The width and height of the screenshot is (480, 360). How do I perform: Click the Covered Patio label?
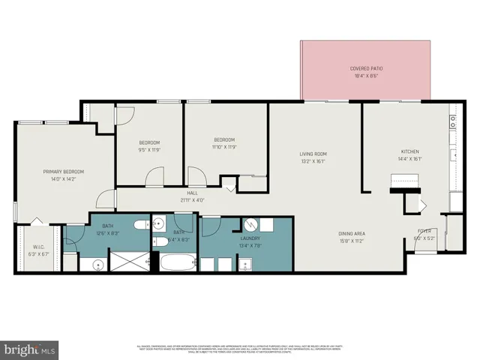point(365,68)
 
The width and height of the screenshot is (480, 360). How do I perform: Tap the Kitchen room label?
point(409,151)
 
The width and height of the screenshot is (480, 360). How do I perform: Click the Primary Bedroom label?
point(63,172)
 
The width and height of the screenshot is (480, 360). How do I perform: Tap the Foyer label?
point(424,231)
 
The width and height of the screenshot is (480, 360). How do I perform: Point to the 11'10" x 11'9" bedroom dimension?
point(225,147)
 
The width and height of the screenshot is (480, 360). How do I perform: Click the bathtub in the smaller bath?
point(177,263)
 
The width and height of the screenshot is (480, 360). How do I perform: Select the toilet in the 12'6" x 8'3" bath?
point(140,225)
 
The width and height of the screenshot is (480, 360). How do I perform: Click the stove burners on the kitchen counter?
point(453,119)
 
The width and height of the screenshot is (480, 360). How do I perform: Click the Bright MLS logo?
point(30,349)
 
